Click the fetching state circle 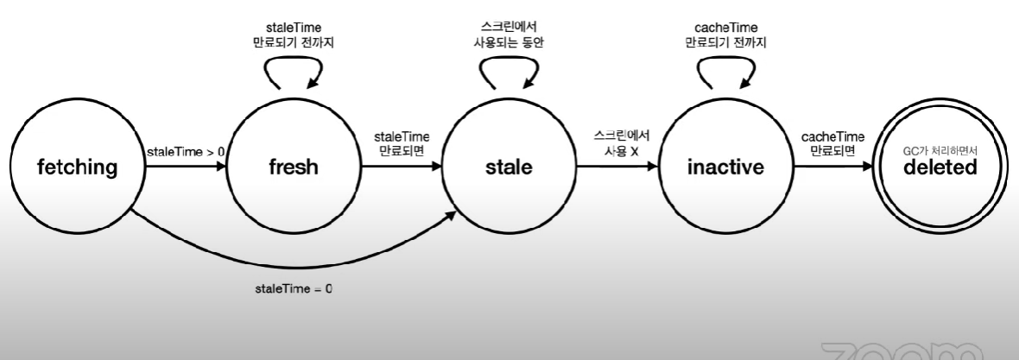pyautogui.click(x=76, y=167)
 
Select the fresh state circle pyautogui.click(x=294, y=167)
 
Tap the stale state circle pyautogui.click(x=509, y=167)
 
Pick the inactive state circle pyautogui.click(x=725, y=167)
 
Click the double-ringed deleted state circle pyautogui.click(x=940, y=167)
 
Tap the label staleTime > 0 pyautogui.click(x=186, y=153)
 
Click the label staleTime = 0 pyautogui.click(x=294, y=288)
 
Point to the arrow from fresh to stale pyautogui.click(x=401, y=168)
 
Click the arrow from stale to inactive pyautogui.click(x=617, y=168)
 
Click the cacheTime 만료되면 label pyautogui.click(x=832, y=143)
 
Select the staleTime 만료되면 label pyautogui.click(x=401, y=143)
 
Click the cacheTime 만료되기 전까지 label pyautogui.click(x=725, y=35)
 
